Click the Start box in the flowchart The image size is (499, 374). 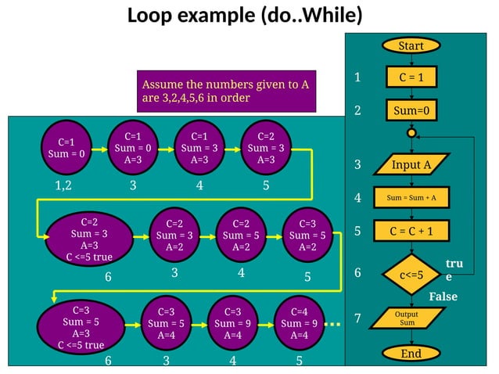[411, 45]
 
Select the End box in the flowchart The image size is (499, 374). [411, 353]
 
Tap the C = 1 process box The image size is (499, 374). [411, 77]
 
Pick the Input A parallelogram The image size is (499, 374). [411, 164]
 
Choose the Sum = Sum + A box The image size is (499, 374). [411, 198]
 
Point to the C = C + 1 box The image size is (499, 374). [411, 231]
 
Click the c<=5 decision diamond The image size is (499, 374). [411, 275]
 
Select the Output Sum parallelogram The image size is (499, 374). [407, 318]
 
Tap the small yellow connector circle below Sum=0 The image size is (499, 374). [411, 133]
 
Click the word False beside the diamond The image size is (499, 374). [443, 297]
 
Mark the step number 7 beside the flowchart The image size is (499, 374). [357, 319]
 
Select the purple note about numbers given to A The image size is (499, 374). [226, 91]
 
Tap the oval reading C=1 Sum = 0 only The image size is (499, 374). [66, 148]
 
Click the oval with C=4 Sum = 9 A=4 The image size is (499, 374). [298, 323]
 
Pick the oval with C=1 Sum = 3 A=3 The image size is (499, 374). [199, 148]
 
